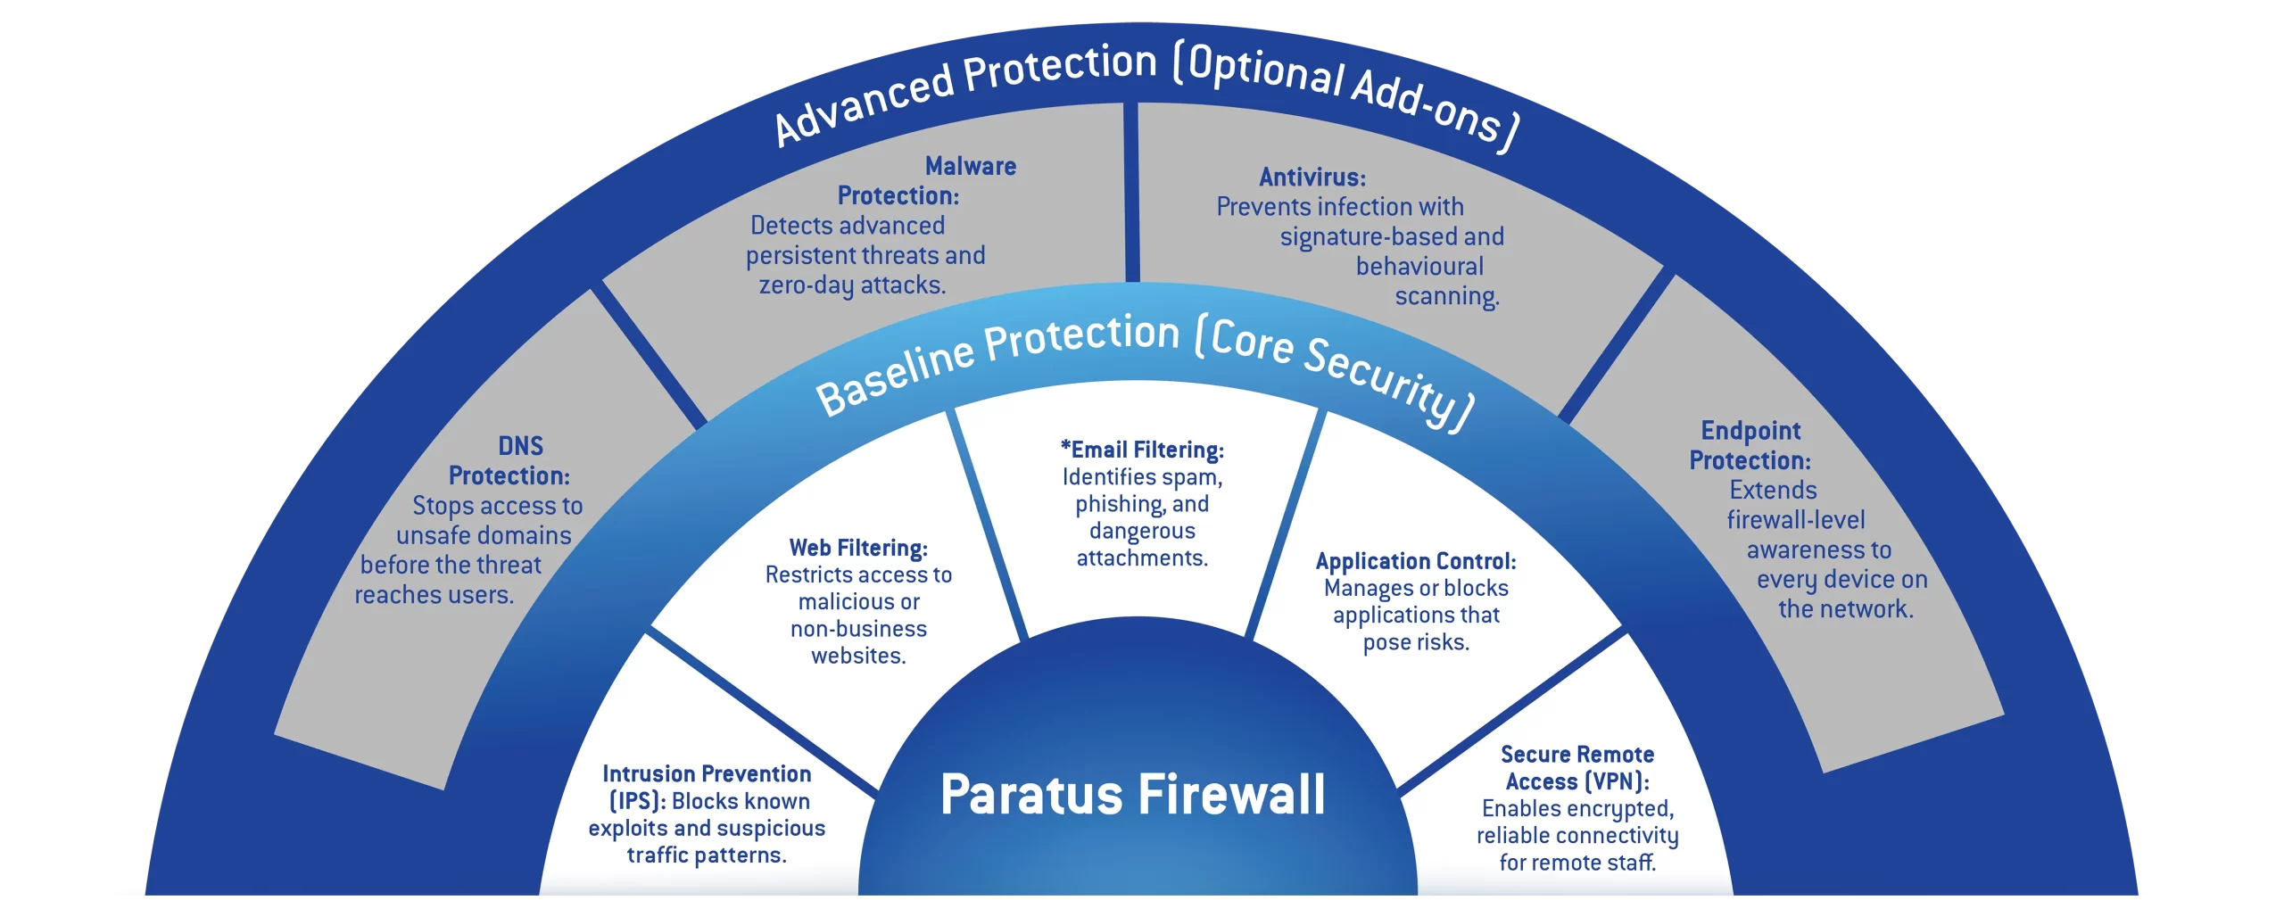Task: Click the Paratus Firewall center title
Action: point(1132,795)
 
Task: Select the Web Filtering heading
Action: point(858,548)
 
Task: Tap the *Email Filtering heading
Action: point(1142,450)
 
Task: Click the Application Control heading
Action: point(1415,561)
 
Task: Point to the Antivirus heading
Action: point(1312,178)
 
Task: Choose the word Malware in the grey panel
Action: point(971,166)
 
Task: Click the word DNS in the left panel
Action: point(520,446)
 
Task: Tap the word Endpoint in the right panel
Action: point(1750,431)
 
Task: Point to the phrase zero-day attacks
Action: point(852,285)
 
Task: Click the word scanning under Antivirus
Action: point(1446,296)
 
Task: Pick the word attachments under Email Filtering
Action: point(1142,558)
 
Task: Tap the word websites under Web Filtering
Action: point(858,656)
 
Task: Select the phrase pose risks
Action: point(1416,642)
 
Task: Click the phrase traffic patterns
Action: point(707,855)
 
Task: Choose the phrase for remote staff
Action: point(1577,863)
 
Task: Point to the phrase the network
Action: point(1845,609)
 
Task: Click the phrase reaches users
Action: point(434,595)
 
